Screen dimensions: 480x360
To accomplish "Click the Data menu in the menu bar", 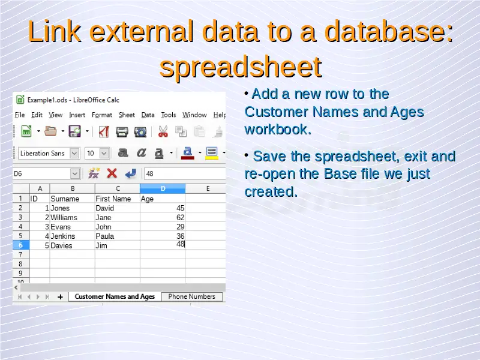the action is pos(148,115).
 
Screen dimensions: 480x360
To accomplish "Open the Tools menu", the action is pos(169,115).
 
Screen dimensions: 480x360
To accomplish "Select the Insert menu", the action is pos(77,115).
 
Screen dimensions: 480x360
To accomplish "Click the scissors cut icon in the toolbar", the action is pos(163,131).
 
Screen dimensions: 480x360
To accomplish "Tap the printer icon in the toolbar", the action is pos(122,131).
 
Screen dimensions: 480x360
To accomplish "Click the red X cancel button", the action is pos(112,173).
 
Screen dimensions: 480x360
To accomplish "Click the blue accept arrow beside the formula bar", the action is pos(131,173).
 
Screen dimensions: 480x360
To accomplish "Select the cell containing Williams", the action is pos(72,217).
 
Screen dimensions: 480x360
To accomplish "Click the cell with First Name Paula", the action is pos(118,236).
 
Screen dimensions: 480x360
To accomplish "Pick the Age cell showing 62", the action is pos(163,217).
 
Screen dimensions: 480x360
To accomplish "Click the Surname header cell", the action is pos(72,199).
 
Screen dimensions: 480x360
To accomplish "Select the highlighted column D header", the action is pos(163,188).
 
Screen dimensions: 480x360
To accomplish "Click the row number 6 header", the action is pos(20,245).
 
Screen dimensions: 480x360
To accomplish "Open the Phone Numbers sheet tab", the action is pos(191,296).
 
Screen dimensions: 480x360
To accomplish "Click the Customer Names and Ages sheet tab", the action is pos(115,296).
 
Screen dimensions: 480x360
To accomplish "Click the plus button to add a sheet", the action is pos(61,296).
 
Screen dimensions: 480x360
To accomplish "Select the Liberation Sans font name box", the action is pos(49,153).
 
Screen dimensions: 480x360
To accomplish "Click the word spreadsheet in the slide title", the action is pos(241,67).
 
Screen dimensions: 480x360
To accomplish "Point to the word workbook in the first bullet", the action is pos(278,130).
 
